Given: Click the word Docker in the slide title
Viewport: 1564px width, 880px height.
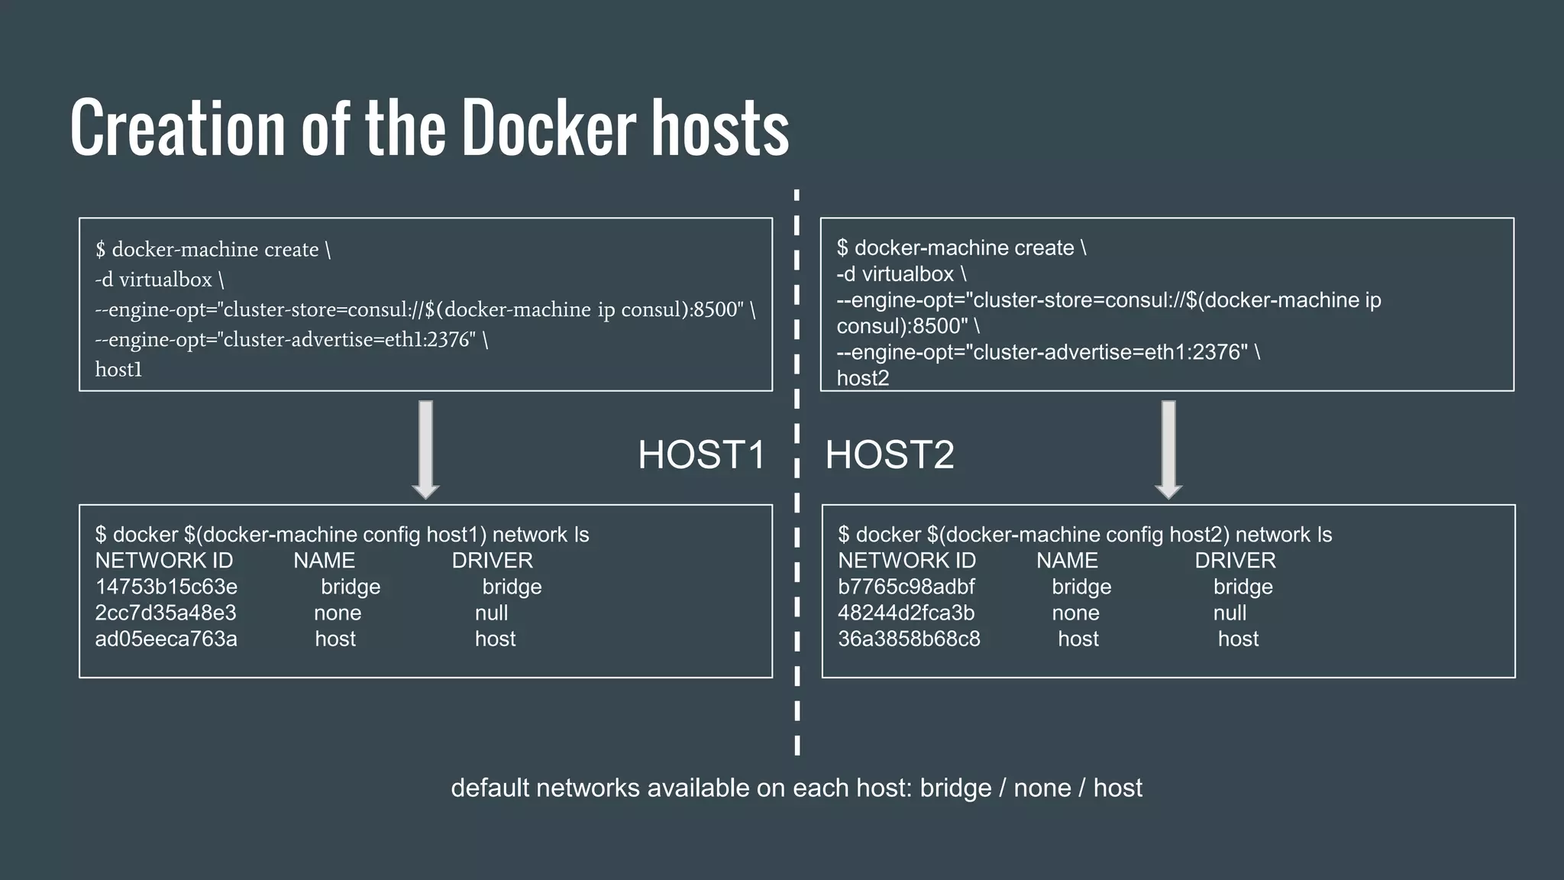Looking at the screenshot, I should click(548, 128).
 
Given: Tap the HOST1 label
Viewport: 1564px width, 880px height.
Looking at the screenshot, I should click(701, 455).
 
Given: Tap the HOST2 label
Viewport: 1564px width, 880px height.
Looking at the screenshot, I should click(890, 455).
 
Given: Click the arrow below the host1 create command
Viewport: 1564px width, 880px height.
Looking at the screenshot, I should click(425, 449).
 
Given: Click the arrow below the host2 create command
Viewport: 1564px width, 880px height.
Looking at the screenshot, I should click(1168, 449).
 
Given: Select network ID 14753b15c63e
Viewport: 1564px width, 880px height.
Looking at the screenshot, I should click(166, 587).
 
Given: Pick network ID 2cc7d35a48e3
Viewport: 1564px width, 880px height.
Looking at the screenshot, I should click(166, 613).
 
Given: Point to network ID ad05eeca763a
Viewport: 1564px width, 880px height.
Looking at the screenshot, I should click(166, 639).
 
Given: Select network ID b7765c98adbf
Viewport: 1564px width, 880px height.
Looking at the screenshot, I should click(906, 587).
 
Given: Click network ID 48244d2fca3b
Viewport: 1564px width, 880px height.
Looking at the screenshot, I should click(906, 613).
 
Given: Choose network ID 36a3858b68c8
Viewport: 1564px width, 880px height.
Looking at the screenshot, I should click(909, 639).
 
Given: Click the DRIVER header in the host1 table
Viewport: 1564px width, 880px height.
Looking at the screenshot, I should click(492, 561).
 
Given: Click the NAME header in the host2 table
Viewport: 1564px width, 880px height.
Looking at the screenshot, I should click(1067, 561).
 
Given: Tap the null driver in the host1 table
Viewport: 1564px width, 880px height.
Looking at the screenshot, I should click(491, 613).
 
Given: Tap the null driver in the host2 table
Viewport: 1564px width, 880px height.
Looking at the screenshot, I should click(1230, 613).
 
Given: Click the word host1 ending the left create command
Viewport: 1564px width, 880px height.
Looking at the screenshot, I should click(118, 370).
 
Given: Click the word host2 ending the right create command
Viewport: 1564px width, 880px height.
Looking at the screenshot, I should click(862, 378).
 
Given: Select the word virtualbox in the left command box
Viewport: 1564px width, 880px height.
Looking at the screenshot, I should click(165, 280).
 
